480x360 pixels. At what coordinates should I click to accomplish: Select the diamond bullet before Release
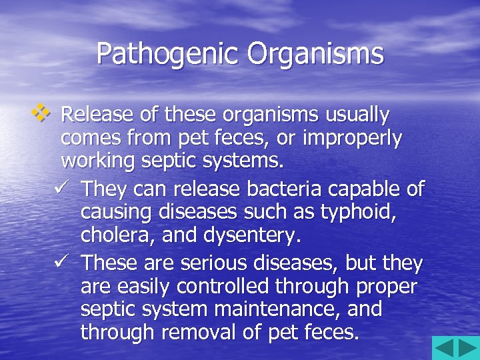[43, 114]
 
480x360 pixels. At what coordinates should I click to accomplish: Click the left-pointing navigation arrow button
[445, 348]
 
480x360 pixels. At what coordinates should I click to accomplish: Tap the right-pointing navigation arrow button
[467, 348]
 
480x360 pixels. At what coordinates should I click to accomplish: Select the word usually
[357, 115]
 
